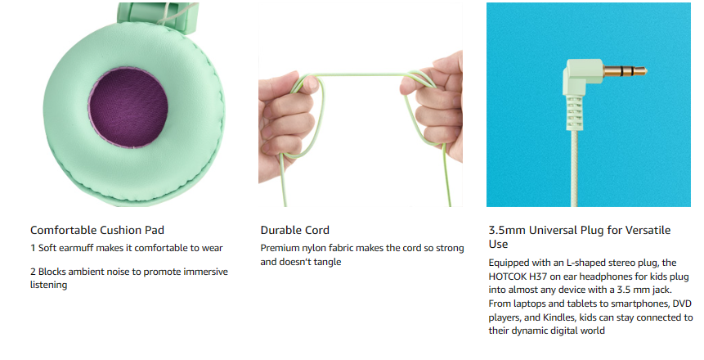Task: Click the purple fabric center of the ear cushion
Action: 128,108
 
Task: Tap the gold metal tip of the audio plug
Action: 625,71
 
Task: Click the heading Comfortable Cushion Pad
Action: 97,230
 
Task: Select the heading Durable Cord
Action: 295,230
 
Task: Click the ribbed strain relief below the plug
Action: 574,112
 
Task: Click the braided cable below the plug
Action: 574,169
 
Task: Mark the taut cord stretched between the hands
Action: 359,74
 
